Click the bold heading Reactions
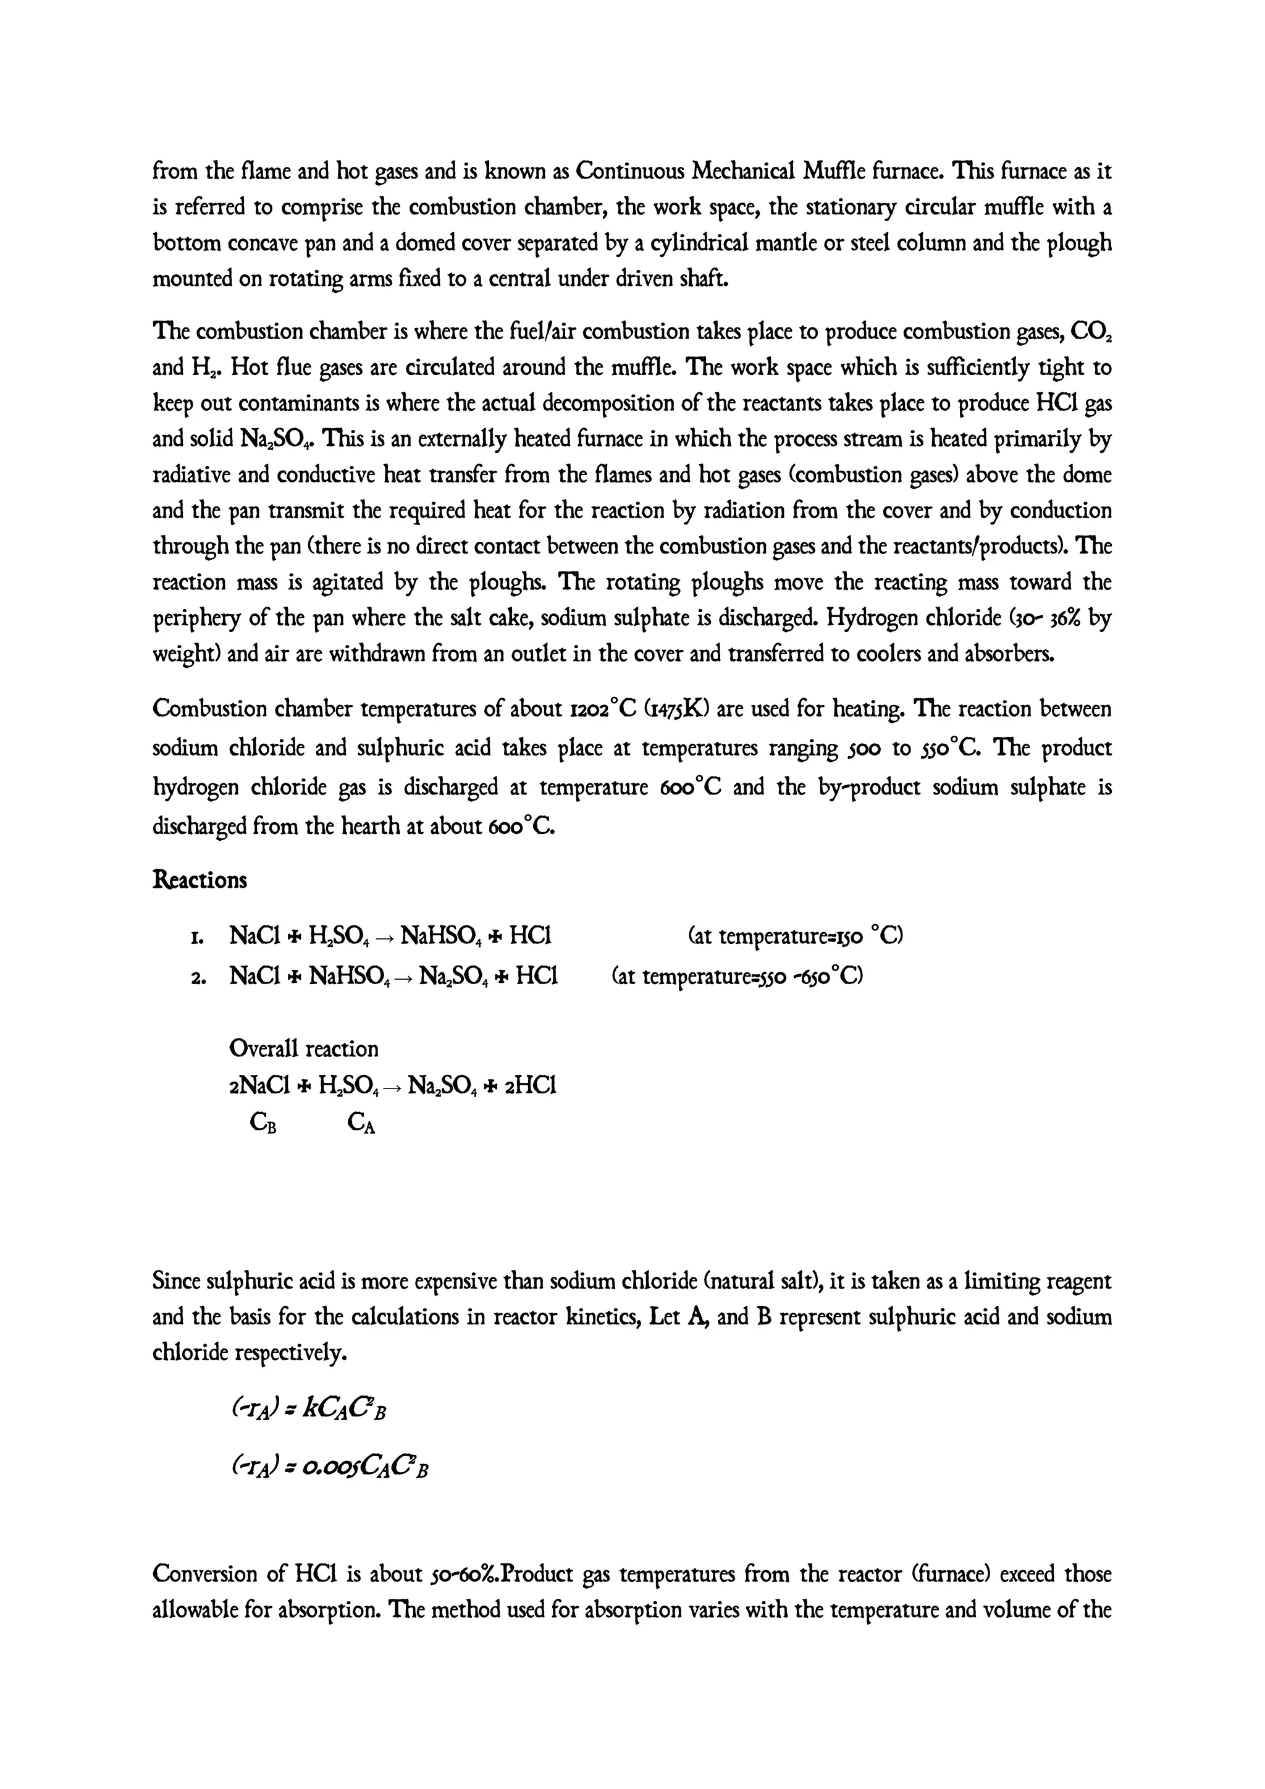200,880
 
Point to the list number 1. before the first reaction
197,936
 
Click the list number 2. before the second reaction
197,976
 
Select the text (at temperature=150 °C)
796,935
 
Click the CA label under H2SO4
361,1123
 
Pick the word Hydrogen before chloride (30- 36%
869,618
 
